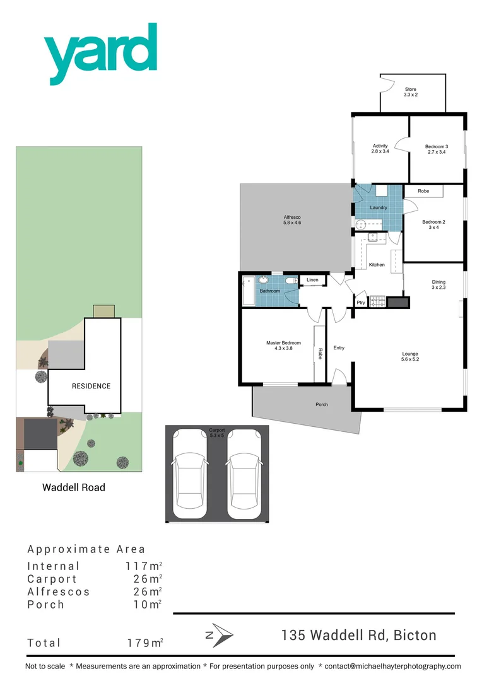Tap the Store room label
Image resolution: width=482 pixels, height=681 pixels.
coord(411,92)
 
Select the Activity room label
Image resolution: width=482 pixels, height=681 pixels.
coord(380,149)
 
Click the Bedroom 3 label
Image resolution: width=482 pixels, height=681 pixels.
coord(437,149)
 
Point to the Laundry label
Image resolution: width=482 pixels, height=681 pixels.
coord(379,207)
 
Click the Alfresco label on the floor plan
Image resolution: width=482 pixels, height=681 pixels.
coord(292,220)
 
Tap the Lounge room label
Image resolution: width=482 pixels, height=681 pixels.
coord(410,357)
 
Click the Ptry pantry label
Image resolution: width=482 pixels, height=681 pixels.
coord(361,303)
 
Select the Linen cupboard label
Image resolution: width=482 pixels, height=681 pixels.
coord(312,279)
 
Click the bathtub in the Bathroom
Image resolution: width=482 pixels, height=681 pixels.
coord(249,291)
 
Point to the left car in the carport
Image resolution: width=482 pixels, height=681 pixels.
coord(190,474)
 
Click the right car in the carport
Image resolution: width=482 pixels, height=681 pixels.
coord(244,474)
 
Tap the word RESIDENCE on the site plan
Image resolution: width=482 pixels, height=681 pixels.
coord(91,387)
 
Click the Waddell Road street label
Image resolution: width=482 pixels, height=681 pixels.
coord(74,487)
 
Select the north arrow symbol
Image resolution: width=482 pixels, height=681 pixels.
coord(220,634)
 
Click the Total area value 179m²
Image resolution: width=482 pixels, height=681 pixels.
coord(145,643)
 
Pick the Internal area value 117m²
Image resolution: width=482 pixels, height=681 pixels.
coord(144,566)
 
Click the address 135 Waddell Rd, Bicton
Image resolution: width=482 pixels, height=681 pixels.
coord(358,635)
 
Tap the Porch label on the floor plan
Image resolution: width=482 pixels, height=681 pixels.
coord(322,404)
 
